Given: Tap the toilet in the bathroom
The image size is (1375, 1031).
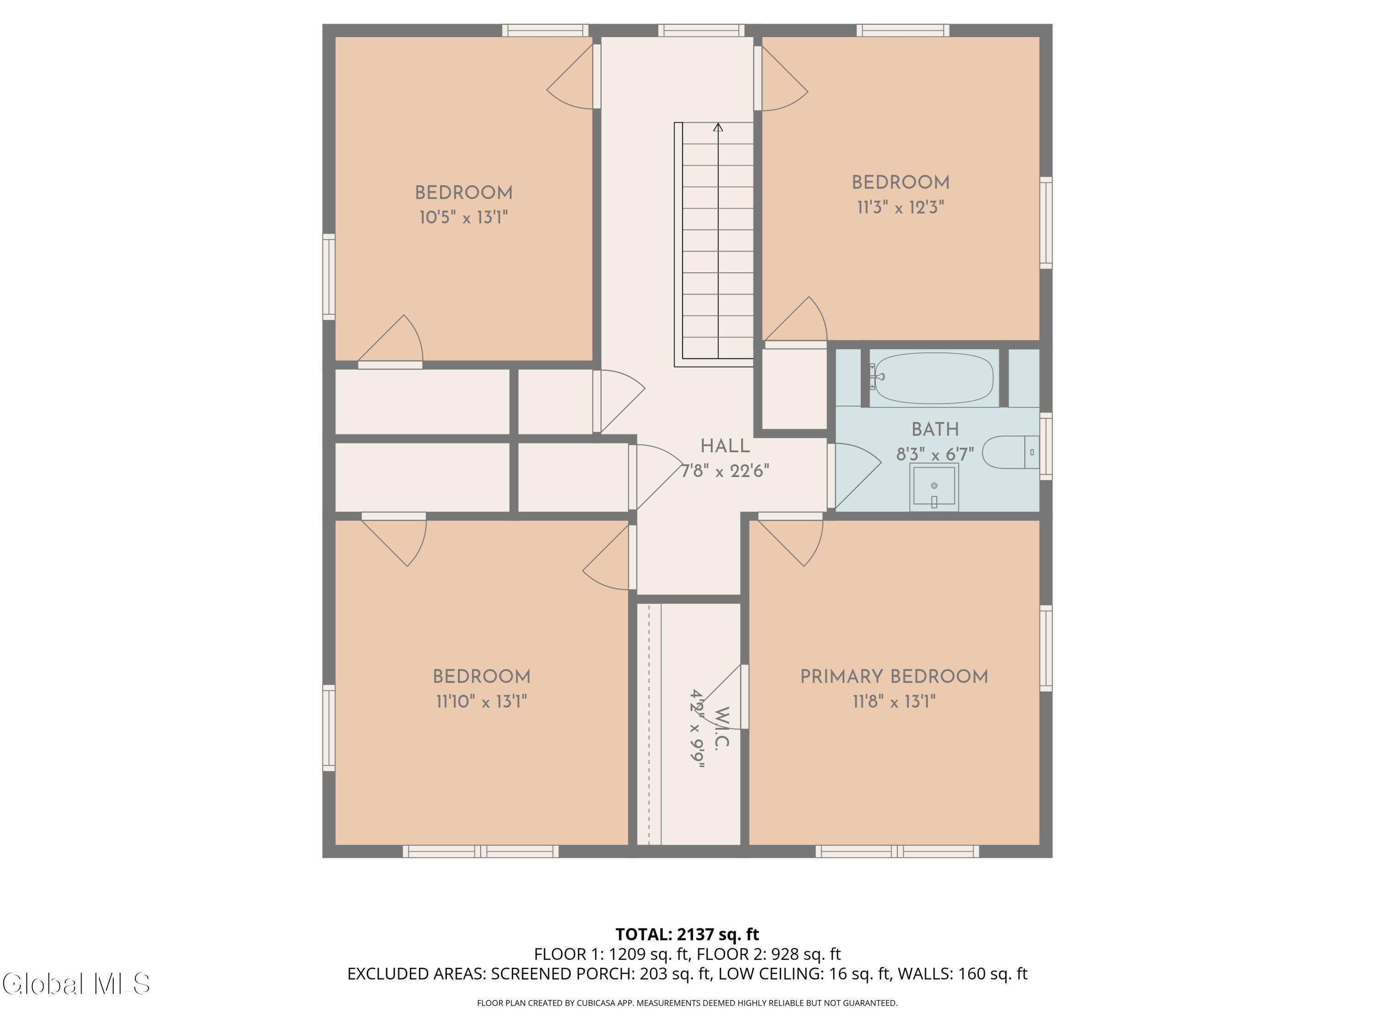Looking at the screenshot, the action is (1011, 452).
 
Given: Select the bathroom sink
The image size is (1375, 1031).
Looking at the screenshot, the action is (934, 487).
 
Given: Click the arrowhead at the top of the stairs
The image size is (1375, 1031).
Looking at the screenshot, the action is (718, 127).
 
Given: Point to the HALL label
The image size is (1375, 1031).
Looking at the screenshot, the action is (725, 446).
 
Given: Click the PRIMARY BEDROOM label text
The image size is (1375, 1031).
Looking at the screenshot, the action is (894, 677).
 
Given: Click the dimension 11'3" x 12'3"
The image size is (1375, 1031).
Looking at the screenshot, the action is (901, 207).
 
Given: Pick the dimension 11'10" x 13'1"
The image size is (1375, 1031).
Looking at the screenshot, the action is (481, 702).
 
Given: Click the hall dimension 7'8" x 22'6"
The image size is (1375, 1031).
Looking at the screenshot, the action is (725, 471).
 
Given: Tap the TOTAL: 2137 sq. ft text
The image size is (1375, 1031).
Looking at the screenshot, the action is (687, 935).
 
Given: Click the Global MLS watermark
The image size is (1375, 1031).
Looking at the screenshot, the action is (76, 984).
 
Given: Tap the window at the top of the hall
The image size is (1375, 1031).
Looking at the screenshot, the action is (701, 30).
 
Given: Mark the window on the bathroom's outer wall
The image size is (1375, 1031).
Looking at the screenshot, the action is (1046, 446).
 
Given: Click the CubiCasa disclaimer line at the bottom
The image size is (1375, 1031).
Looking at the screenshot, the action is (687, 1003).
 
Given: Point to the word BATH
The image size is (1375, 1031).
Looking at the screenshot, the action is (935, 429).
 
